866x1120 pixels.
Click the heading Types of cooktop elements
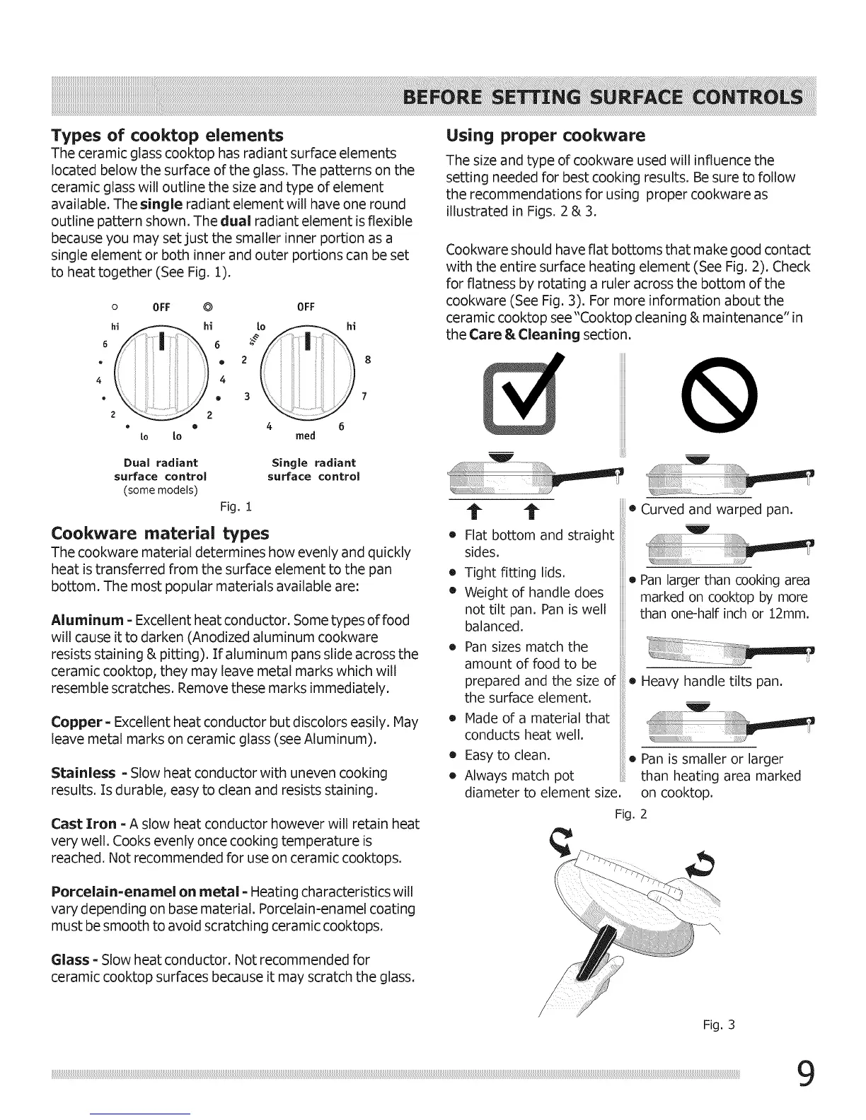[168, 135]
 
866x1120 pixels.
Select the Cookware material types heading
[160, 532]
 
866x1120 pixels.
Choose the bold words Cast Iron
[84, 824]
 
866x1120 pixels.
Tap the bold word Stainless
[83, 774]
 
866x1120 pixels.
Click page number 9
[805, 1077]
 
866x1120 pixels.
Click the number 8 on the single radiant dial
[368, 359]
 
